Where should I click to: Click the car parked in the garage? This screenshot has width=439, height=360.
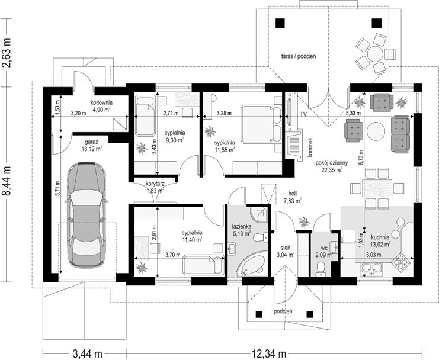coord(86,214)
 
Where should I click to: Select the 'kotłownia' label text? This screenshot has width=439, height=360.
coord(101,102)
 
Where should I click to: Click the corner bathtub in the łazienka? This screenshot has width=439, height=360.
coord(251,263)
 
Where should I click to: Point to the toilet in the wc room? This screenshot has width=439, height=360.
coord(320,269)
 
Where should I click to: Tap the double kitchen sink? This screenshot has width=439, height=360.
coord(373,269)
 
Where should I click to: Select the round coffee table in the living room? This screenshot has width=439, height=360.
coord(376,131)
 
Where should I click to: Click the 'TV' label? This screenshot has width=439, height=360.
coord(303,114)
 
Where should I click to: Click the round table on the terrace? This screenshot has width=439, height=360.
coord(376,54)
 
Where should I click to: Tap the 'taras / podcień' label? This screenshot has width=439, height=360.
coord(299,56)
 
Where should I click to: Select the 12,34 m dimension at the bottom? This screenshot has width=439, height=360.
coord(269,354)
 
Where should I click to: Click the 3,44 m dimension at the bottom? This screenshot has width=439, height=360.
coord(87,354)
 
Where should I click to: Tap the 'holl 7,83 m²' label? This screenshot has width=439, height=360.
coord(293,197)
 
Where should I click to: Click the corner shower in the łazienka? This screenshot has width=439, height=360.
coord(259,214)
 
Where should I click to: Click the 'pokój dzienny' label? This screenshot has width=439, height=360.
coord(332,163)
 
